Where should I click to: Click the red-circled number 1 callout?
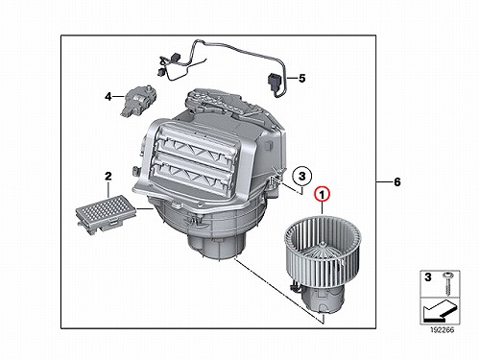point(323,194)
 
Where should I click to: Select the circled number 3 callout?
point(301,176)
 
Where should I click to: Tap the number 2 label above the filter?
point(108,176)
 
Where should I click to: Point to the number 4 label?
point(108,96)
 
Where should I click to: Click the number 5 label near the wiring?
point(302,78)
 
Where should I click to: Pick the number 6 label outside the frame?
point(397,182)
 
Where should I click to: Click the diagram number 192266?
point(442,330)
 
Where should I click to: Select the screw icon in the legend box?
point(446,284)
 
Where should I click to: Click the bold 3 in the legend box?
point(428,276)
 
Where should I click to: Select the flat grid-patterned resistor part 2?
point(103,212)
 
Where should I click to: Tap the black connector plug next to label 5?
point(274,81)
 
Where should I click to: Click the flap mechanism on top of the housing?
point(221,103)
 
